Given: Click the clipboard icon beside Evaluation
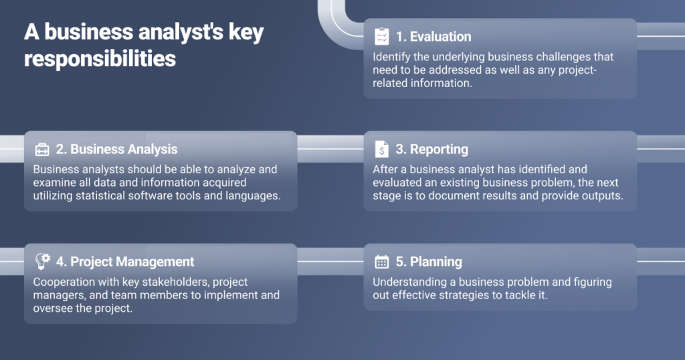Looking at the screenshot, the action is (x=381, y=36).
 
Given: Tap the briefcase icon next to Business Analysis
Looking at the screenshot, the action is (x=42, y=149).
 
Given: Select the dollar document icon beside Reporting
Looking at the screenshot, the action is (x=381, y=149).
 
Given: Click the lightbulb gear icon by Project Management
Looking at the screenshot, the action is (x=42, y=261).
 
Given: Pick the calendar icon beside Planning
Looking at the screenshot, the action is (x=381, y=262).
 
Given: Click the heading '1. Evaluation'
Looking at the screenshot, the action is (x=433, y=37).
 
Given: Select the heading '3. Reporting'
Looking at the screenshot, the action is (x=431, y=149).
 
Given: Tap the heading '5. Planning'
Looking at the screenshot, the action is (x=429, y=262).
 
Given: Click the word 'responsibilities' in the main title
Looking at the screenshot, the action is (x=100, y=58).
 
